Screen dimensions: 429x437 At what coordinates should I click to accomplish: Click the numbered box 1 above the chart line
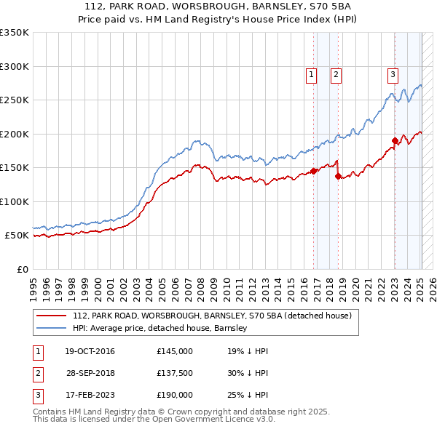pos(312,73)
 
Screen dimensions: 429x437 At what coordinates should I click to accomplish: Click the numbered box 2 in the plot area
pos(336,73)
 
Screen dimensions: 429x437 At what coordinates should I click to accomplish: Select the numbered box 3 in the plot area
pos(393,73)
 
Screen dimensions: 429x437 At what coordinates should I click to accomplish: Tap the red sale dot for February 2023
pos(395,140)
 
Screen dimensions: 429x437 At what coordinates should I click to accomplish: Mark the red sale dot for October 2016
pos(314,171)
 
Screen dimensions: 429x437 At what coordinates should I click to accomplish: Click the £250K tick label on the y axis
pos(14,100)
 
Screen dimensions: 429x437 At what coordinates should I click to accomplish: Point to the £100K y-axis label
pos(14,201)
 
